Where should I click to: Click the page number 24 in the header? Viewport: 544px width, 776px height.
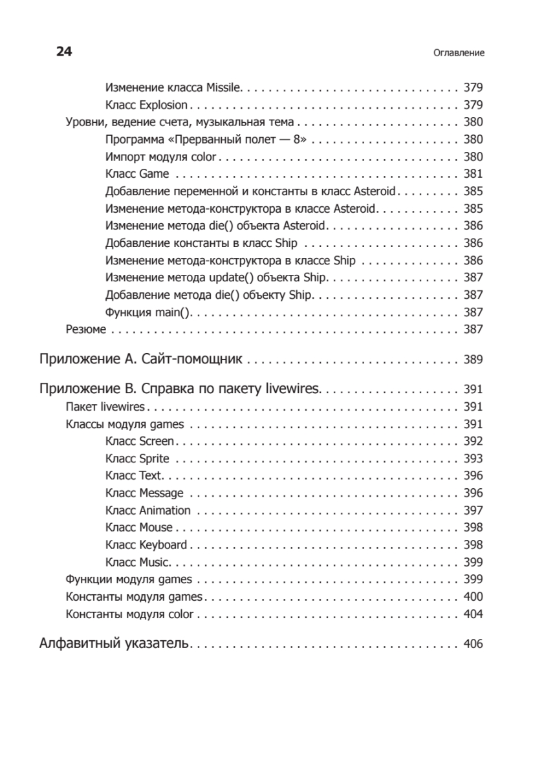63,52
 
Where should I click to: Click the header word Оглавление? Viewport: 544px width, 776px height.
459,53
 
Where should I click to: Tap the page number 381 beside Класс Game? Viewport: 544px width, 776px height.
473,174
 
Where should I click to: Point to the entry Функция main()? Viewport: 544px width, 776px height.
149,312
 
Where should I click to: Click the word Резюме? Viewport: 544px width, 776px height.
86,329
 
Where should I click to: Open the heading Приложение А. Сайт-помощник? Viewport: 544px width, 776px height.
140,359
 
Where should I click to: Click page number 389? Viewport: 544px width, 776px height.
473,360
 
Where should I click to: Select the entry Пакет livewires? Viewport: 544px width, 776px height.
105,407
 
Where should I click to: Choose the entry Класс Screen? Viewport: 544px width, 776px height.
139,441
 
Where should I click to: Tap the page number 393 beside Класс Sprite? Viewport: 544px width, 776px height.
473,458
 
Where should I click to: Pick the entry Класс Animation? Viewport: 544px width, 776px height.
144,510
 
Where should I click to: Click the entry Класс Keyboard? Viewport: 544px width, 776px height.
146,544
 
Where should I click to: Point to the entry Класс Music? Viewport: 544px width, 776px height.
137,562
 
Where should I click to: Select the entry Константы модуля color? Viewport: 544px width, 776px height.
129,614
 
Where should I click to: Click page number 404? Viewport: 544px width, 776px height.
473,614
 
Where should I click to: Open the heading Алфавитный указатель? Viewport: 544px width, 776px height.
114,643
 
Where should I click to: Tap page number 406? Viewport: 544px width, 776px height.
473,644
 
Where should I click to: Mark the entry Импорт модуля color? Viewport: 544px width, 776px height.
161,156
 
